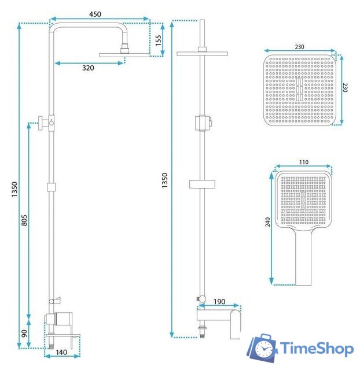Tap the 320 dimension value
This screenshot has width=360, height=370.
pos(88,68)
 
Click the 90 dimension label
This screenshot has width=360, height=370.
pos(24,334)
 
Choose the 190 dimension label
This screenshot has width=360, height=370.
pos(218,302)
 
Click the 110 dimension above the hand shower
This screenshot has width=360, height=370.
pos(303,163)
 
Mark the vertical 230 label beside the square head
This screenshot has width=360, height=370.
pos(345,88)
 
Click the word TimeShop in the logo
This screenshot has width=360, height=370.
pos(317,349)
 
